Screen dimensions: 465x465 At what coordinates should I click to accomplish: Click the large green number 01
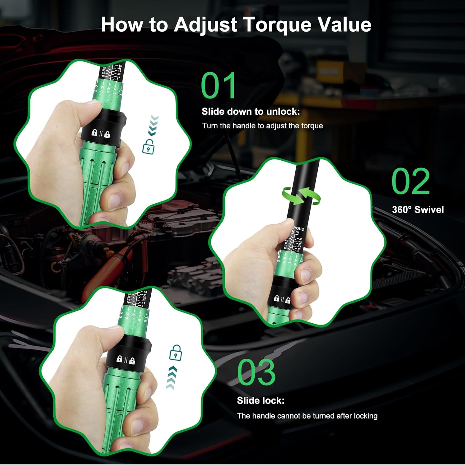point(219,86)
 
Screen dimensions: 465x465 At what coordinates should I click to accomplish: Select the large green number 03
point(256,372)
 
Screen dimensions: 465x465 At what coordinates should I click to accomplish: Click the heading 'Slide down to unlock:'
point(250,112)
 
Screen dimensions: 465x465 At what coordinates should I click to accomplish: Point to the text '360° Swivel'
point(418,210)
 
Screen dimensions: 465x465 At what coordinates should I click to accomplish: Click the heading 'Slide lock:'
point(260,401)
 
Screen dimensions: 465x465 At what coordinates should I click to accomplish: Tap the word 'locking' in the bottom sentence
point(365,416)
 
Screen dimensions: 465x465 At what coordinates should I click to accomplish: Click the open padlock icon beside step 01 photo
point(148,146)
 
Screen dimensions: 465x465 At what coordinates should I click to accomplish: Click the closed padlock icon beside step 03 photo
point(175,352)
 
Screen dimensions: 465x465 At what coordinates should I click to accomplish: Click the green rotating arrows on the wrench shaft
point(300,196)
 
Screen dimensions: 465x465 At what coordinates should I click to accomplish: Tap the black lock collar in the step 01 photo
point(104,127)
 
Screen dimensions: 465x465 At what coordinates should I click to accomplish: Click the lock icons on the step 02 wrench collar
point(282,299)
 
